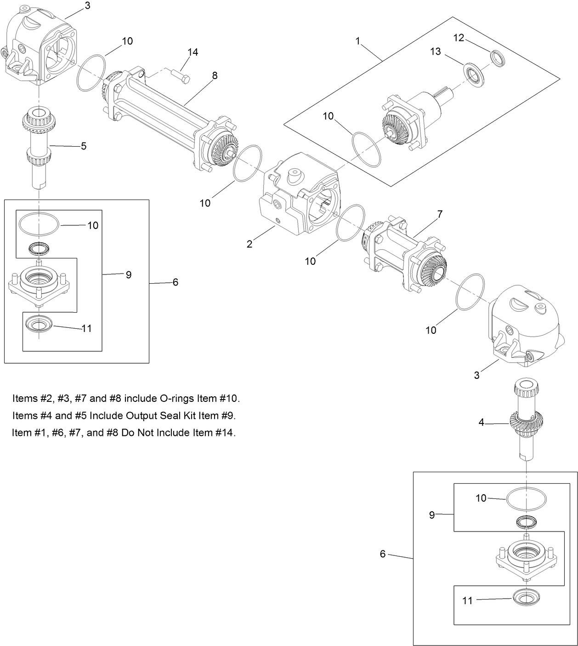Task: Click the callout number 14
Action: [193, 52]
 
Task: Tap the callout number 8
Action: [215, 76]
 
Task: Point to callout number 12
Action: [459, 38]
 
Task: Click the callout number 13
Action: [436, 51]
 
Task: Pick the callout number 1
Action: [358, 41]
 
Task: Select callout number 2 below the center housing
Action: [249, 244]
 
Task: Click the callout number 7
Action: [440, 214]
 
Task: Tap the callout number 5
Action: [84, 146]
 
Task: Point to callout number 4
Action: [481, 422]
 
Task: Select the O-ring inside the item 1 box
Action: [366, 150]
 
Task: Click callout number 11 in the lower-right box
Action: [467, 600]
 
